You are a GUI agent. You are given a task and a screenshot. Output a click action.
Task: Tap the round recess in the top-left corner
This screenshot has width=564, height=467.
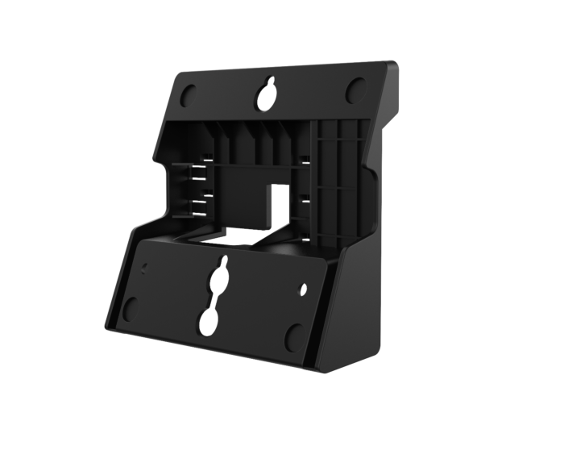pos(186,94)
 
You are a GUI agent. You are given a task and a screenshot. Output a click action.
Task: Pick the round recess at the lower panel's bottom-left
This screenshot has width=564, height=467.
pos(131,307)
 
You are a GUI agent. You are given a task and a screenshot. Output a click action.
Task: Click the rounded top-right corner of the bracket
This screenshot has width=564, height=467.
pos(394,66)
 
